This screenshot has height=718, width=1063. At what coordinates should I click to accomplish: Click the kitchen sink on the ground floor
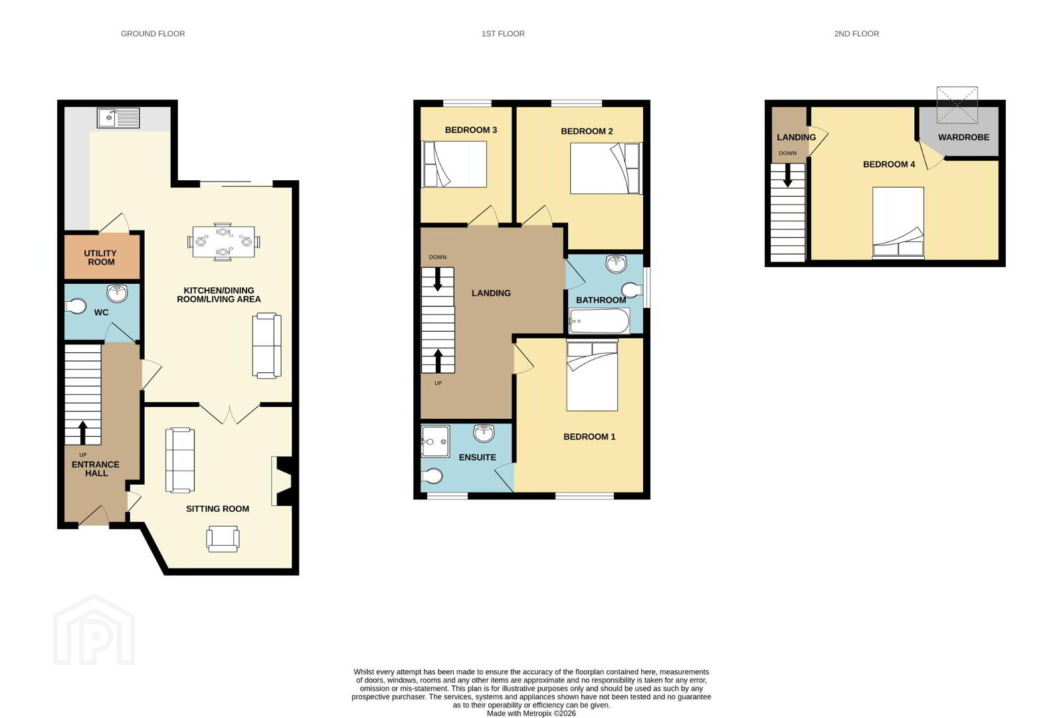pyautogui.click(x=118, y=118)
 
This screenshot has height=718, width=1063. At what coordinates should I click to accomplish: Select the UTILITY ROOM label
pyautogui.click(x=100, y=257)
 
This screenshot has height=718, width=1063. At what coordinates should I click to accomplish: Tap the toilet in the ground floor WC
pyautogui.click(x=75, y=306)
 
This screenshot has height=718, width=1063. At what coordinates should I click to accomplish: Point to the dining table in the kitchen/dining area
pyautogui.click(x=223, y=242)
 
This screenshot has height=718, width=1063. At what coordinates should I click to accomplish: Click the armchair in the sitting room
pyautogui.click(x=223, y=538)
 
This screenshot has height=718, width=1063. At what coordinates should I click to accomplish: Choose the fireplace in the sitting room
pyautogui.click(x=282, y=481)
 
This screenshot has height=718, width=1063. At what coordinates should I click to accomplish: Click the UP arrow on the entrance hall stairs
pyautogui.click(x=83, y=432)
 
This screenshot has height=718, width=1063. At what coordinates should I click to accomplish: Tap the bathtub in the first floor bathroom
pyautogui.click(x=599, y=321)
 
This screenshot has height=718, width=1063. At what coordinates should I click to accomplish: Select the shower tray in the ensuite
pyautogui.click(x=435, y=441)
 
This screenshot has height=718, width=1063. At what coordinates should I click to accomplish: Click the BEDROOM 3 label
pyautogui.click(x=471, y=130)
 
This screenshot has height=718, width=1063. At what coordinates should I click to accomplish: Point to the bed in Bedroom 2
pyautogui.click(x=606, y=168)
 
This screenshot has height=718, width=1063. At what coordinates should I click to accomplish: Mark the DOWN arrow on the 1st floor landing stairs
pyautogui.click(x=438, y=279)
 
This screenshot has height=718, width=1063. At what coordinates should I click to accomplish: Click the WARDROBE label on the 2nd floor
pyautogui.click(x=963, y=137)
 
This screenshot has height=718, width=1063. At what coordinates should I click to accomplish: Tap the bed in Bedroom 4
pyautogui.click(x=898, y=223)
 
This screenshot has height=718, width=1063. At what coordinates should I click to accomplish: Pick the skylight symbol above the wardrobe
pyautogui.click(x=957, y=105)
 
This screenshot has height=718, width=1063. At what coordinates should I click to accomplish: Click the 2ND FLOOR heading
pyautogui.click(x=856, y=34)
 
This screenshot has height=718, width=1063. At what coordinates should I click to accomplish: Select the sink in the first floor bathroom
pyautogui.click(x=616, y=264)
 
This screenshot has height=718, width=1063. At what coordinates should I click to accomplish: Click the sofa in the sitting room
pyautogui.click(x=180, y=460)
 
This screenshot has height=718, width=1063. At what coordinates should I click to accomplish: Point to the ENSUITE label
pyautogui.click(x=478, y=457)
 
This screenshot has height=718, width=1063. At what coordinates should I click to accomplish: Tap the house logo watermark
pyautogui.click(x=94, y=629)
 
